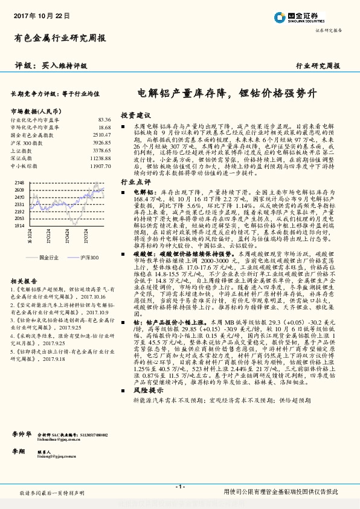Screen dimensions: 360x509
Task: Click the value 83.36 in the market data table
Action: (104, 120)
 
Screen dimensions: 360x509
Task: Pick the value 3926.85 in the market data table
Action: (101, 142)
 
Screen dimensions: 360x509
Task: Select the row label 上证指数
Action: (21, 150)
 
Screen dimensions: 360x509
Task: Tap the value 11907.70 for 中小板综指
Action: (99, 165)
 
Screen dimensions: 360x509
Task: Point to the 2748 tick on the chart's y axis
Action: (19, 182)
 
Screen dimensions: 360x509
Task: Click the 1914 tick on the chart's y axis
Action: (19, 225)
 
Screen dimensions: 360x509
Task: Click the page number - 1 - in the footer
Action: (179, 487)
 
